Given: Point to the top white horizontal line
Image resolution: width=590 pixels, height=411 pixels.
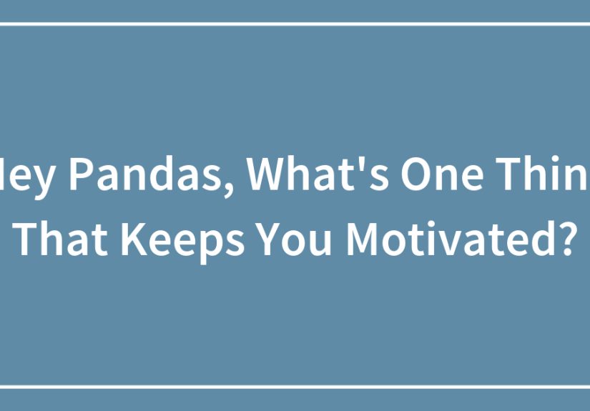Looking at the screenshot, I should [295, 24].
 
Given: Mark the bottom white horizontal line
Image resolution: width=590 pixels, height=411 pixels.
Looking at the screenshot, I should [295, 387].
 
